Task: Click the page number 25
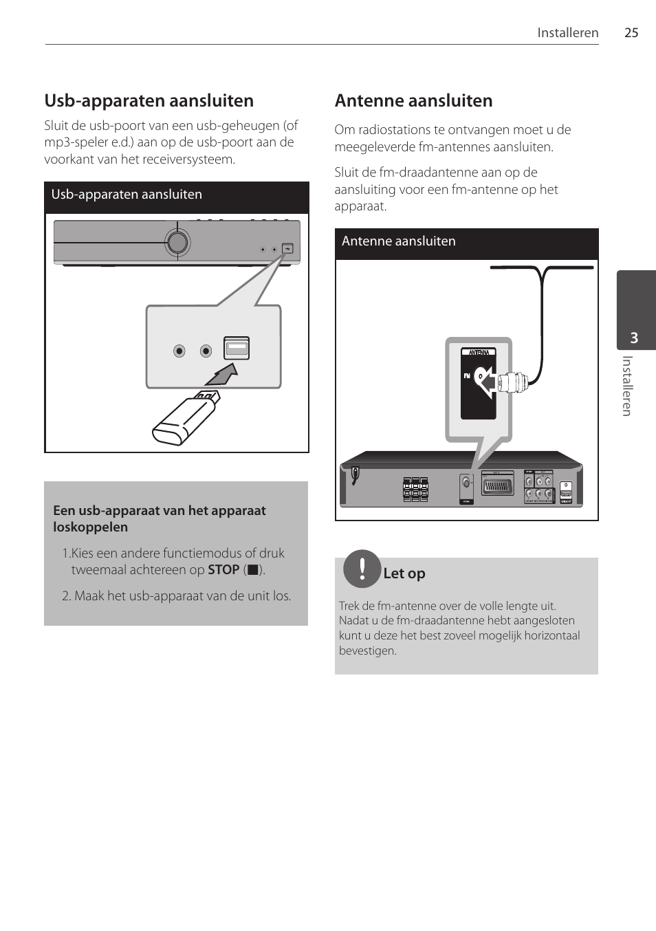[x=631, y=32]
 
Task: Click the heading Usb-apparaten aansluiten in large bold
[x=149, y=100]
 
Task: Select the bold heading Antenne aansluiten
[x=413, y=100]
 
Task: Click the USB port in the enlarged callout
[x=236, y=349]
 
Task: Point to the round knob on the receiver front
[x=177, y=241]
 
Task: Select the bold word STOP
[x=223, y=570]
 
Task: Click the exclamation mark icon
[x=362, y=569]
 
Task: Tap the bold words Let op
[x=404, y=573]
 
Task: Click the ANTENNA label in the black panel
[x=479, y=353]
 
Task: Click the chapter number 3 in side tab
[x=634, y=338]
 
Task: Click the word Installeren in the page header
[x=568, y=32]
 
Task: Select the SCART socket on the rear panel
[x=499, y=488]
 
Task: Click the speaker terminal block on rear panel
[x=415, y=490]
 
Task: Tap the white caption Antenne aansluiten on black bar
[x=399, y=241]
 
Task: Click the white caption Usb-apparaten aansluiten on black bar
[x=127, y=195]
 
